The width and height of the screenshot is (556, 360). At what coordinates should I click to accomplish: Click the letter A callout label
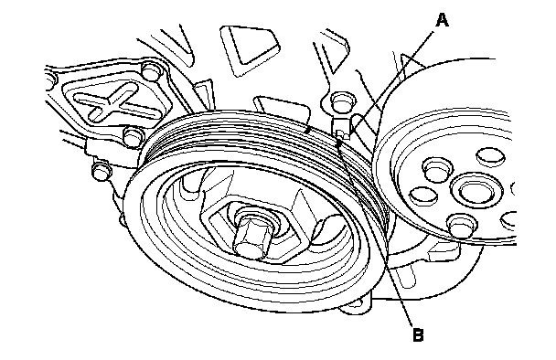(442, 20)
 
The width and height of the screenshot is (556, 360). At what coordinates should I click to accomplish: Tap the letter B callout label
(418, 334)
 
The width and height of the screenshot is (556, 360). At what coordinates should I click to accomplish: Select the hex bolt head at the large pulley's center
(251, 235)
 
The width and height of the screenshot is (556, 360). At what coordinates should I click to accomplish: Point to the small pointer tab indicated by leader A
(341, 128)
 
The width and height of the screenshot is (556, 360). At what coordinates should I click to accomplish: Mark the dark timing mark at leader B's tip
(339, 143)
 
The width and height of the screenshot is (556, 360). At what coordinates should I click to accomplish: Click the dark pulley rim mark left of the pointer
(308, 131)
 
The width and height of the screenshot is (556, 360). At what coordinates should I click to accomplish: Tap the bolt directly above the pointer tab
(340, 101)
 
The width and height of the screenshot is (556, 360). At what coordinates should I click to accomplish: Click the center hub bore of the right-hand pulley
(476, 191)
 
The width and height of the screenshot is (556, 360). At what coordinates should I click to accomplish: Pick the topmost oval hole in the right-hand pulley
(490, 156)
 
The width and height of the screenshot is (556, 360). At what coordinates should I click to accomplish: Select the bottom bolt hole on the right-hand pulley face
(461, 225)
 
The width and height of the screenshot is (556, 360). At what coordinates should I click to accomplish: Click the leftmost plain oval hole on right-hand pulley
(423, 195)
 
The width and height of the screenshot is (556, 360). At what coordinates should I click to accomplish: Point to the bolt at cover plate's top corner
(151, 69)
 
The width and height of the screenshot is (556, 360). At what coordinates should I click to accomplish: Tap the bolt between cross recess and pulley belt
(134, 136)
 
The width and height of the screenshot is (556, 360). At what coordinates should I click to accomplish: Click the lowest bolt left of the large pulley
(102, 171)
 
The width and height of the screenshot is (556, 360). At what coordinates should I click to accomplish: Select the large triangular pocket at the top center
(248, 49)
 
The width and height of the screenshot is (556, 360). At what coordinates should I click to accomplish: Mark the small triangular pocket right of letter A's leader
(412, 63)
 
